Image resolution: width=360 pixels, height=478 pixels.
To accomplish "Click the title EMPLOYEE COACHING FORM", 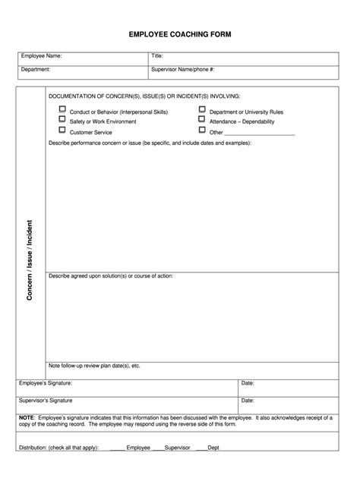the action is coord(180,35).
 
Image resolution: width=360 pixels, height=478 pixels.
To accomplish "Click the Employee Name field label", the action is coord(41,56).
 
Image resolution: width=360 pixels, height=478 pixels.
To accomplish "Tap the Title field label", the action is coord(157,56).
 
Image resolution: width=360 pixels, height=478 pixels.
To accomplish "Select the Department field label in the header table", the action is coord(36,69).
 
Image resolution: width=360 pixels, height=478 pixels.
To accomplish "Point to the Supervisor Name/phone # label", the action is coord(183,69).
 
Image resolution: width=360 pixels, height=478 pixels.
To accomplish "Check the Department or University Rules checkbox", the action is coord(202,109).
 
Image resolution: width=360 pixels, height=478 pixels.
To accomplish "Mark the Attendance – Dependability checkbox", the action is coord(202,119).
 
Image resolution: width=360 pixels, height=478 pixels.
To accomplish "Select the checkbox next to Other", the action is coord(202,131).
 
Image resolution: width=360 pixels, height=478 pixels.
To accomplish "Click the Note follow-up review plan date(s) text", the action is coord(94,366).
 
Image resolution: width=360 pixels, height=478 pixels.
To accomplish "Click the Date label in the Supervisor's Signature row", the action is coord(248,400).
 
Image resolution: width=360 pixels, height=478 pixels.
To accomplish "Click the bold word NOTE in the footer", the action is coord(27,417).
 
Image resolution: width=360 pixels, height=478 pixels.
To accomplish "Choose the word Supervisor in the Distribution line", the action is coord(177,448).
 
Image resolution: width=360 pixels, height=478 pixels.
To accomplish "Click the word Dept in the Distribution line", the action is coord(213,448).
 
